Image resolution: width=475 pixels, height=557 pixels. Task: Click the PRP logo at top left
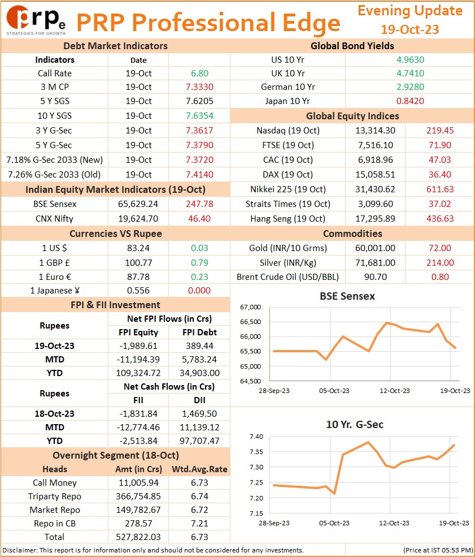(x=36, y=20)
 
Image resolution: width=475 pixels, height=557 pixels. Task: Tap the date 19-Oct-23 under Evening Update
(x=410, y=29)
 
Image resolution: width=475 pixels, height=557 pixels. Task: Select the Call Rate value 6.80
(x=199, y=73)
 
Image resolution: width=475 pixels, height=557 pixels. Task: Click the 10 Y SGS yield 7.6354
(x=199, y=116)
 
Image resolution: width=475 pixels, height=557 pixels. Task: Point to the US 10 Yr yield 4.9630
(x=410, y=60)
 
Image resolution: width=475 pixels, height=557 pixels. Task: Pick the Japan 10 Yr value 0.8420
(x=410, y=101)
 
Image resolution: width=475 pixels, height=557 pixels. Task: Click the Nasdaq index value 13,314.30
(x=376, y=131)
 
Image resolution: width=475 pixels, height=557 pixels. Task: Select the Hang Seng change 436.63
(x=440, y=218)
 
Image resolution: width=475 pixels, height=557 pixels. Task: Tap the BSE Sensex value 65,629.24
(x=138, y=204)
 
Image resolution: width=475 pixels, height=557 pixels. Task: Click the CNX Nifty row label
(x=54, y=218)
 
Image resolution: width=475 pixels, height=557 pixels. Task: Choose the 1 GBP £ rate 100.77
(x=138, y=263)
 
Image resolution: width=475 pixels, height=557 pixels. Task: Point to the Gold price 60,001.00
(x=376, y=248)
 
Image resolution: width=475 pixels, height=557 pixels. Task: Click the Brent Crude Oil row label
(x=287, y=277)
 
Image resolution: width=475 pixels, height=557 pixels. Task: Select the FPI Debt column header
(x=199, y=332)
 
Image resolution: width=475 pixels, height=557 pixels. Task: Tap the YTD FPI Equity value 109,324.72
(x=138, y=373)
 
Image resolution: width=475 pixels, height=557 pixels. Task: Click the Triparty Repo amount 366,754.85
(x=138, y=496)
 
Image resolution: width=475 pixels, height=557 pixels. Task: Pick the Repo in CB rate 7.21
(x=199, y=523)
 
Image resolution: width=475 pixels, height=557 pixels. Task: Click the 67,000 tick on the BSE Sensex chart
(x=250, y=307)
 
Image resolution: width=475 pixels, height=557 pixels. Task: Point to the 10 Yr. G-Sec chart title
(x=355, y=425)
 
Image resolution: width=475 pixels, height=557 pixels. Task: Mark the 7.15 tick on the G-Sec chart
(x=256, y=513)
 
